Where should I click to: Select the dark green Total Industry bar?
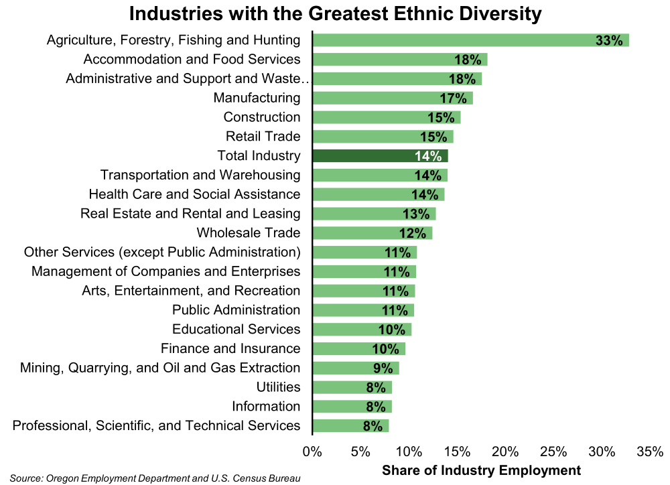pyautogui.click(x=380, y=156)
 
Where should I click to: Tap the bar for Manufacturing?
pyautogui.click(x=393, y=98)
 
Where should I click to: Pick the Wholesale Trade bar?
pyautogui.click(x=373, y=233)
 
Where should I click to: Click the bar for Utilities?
pyautogui.click(x=352, y=387)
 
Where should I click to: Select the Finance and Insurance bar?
pyautogui.click(x=359, y=348)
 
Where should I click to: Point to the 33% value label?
pyautogui.click(x=609, y=41)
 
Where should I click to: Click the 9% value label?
pyautogui.click(x=383, y=368)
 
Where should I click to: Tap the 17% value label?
pyautogui.click(x=453, y=99)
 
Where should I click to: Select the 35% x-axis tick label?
pyautogui.click(x=650, y=452)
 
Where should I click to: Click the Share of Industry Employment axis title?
pyautogui.click(x=481, y=470)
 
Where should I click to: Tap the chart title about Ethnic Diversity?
pyautogui.click(x=335, y=13)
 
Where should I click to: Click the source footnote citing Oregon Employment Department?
pyautogui.click(x=155, y=478)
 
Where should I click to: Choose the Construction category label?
pyautogui.click(x=262, y=117)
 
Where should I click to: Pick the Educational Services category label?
pyautogui.click(x=237, y=329)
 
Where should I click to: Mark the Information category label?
pyautogui.click(x=266, y=406)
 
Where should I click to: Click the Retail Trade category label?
pyautogui.click(x=263, y=137)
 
